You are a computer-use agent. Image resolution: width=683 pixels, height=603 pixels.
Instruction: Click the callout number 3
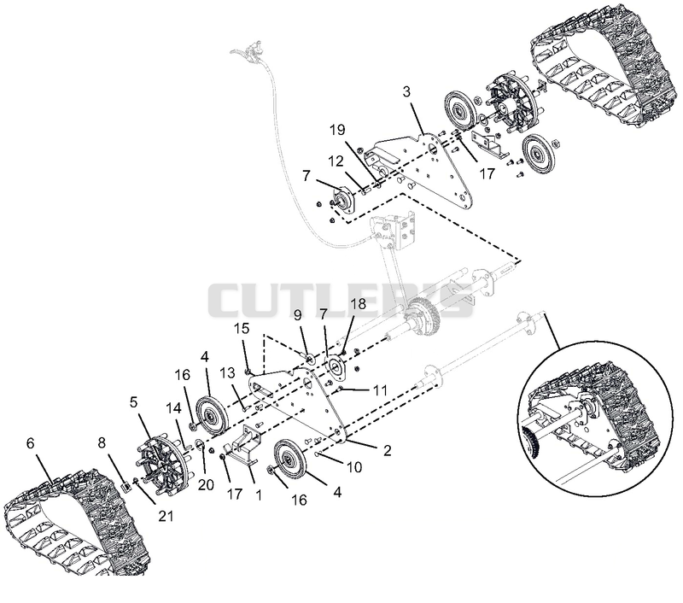[406, 92]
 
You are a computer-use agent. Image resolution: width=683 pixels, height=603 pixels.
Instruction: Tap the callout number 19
[337, 130]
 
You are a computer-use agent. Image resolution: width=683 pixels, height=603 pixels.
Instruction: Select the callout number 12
[336, 161]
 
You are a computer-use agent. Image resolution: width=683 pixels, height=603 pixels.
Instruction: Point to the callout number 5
[133, 401]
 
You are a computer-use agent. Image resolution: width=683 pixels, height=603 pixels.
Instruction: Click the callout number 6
[30, 443]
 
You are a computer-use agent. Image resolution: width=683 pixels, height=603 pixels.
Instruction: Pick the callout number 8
[102, 443]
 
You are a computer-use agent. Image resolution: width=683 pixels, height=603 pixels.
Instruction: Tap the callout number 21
[166, 516]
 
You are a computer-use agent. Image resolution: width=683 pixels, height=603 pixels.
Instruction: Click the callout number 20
[206, 484]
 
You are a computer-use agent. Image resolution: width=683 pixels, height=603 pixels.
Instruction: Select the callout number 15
[242, 328]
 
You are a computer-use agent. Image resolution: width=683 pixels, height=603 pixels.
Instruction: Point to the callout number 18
[358, 304]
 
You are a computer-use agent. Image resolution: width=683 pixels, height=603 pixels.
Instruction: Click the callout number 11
[380, 390]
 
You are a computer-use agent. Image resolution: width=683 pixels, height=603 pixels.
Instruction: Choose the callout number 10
[354, 467]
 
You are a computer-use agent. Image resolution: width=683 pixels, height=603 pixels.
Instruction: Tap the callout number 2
[387, 450]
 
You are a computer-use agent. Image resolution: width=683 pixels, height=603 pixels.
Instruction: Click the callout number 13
[227, 373]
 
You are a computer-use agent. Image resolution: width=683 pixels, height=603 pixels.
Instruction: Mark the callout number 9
[297, 314]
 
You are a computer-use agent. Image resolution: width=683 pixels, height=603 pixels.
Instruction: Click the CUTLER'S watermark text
[340, 301]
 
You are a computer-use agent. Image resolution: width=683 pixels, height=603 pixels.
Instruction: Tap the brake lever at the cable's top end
[248, 50]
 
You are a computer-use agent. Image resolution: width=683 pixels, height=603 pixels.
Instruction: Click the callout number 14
[173, 408]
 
